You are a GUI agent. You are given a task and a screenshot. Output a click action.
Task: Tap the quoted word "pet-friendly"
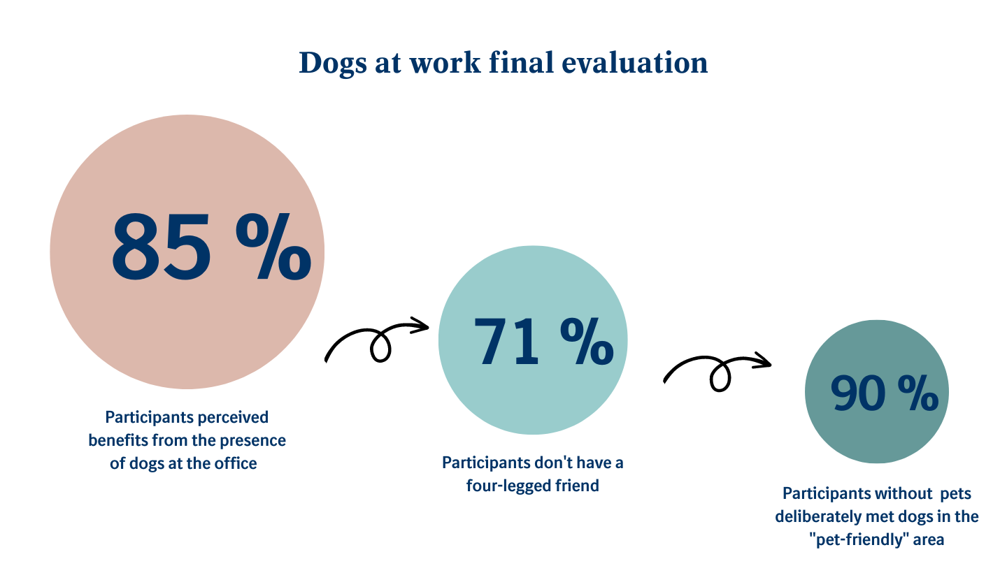pos(855,539)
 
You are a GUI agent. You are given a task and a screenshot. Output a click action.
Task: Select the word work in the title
pos(447,63)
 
